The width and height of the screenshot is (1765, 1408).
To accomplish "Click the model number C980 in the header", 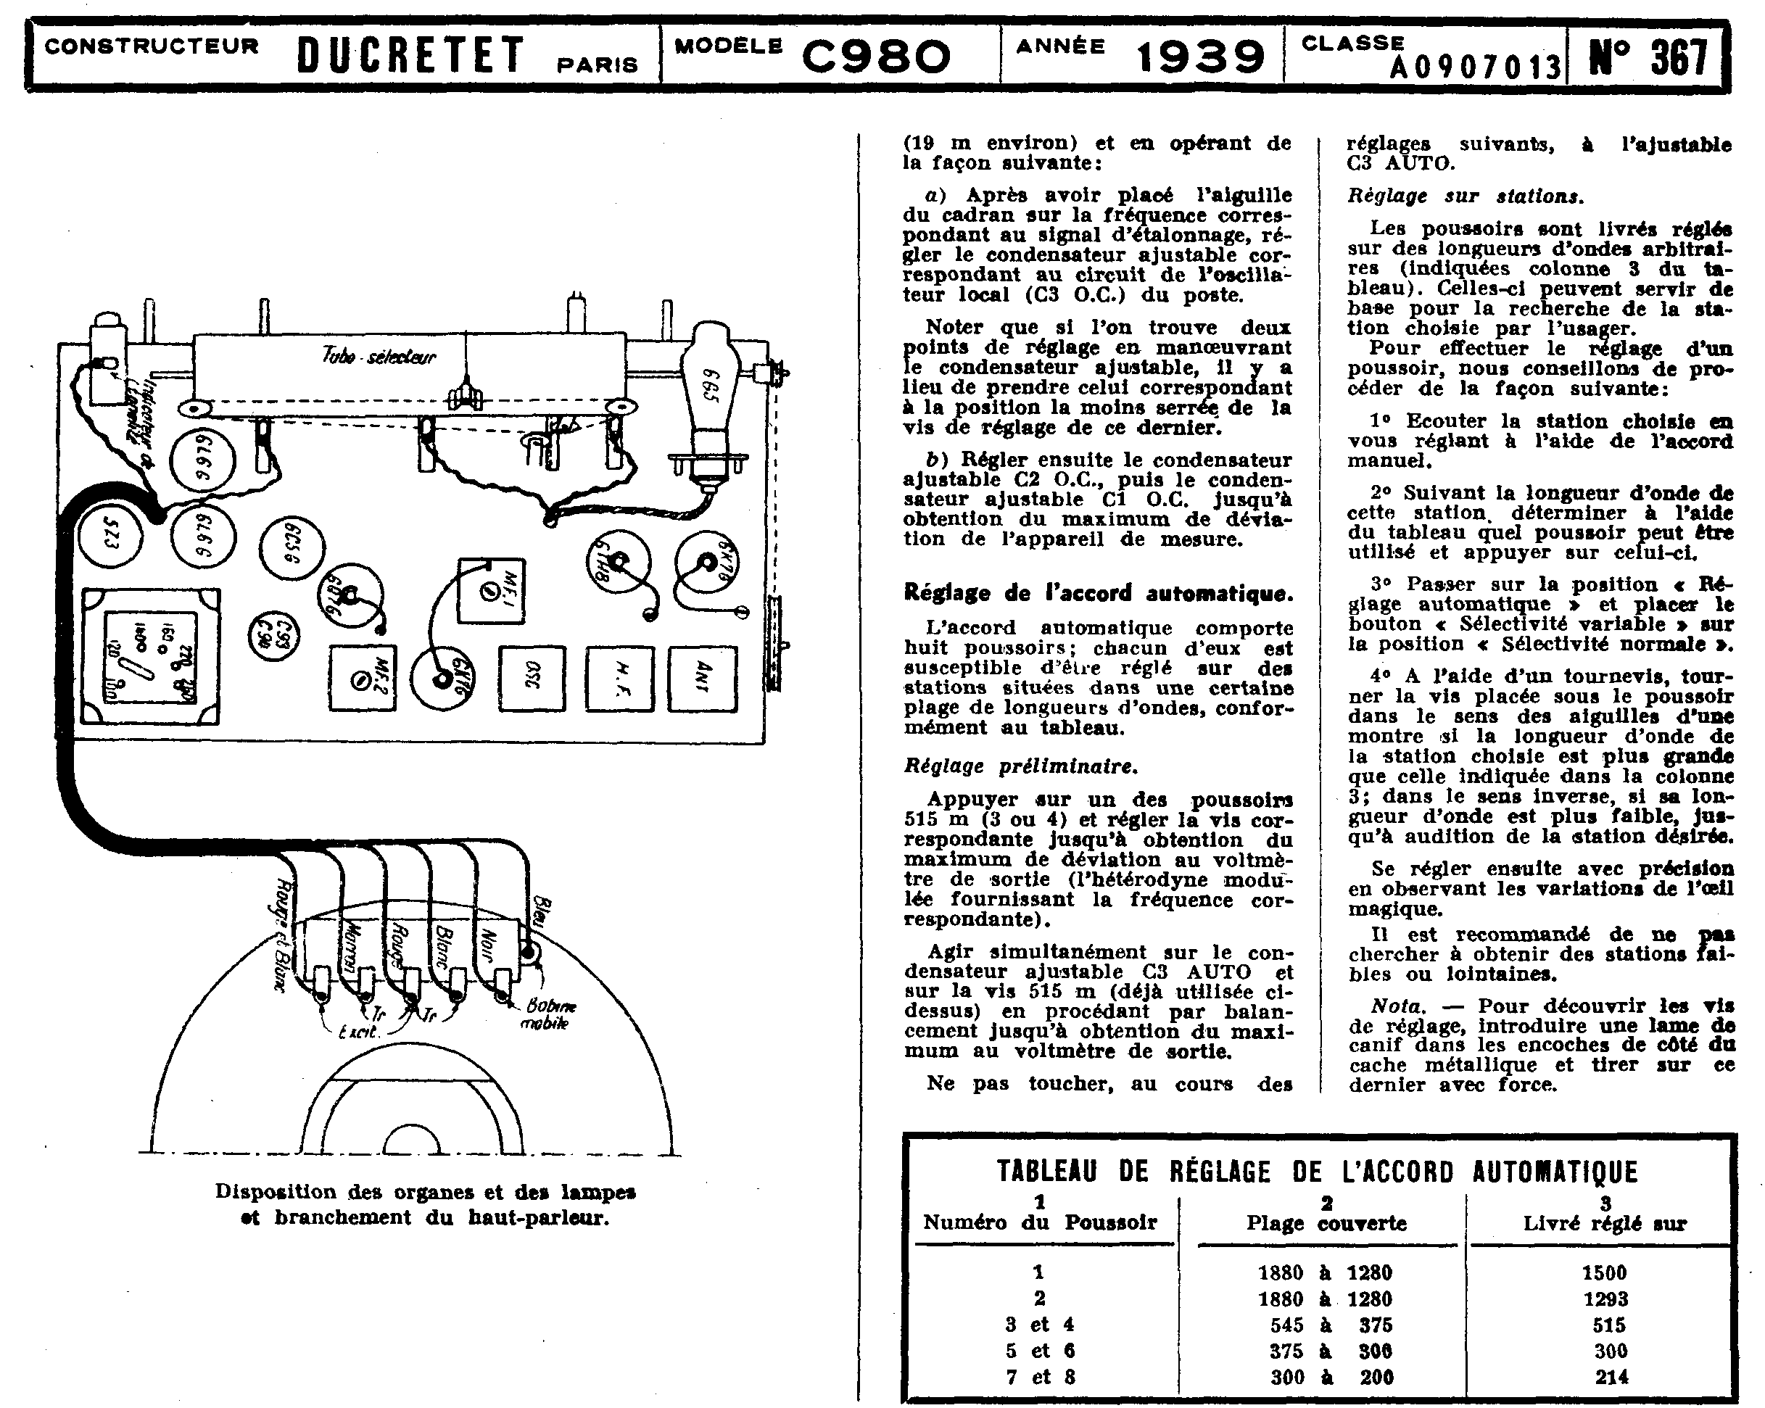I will [x=876, y=56].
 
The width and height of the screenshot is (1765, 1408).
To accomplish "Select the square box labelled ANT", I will [x=703, y=679].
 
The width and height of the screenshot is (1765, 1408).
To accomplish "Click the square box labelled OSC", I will [x=533, y=679].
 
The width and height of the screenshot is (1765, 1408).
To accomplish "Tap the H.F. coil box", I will [x=620, y=679].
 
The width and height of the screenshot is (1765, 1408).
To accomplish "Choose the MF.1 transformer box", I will [x=491, y=590].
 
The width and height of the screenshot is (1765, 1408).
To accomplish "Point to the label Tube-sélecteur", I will [x=379, y=356].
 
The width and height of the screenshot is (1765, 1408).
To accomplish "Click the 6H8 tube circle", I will [x=619, y=563].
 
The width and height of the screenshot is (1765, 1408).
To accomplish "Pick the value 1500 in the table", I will [x=1604, y=1273].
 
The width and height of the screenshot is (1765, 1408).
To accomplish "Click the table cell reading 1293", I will [x=1605, y=1299].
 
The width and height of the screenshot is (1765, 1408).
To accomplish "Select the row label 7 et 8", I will [x=1040, y=1377].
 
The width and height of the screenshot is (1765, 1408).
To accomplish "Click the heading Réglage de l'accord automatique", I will [x=1098, y=592].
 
